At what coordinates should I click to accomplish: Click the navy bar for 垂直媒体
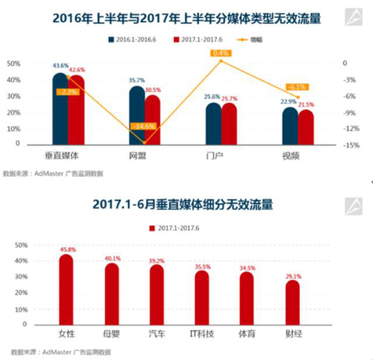coord(60,111)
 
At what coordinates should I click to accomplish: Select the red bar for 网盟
coord(152,120)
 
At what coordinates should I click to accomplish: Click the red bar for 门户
coord(229,123)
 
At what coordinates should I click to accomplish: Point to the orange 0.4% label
coord(221,53)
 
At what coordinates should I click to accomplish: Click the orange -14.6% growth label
coord(143,126)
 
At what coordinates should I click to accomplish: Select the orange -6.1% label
coord(297,88)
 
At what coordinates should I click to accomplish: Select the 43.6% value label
coord(59,65)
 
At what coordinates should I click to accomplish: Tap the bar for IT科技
coord(202,298)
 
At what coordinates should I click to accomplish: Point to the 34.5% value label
coord(247,267)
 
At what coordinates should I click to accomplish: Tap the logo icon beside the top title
coord(354,18)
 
